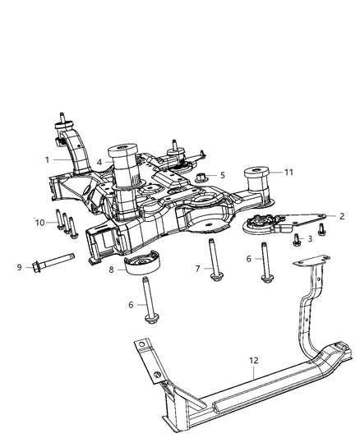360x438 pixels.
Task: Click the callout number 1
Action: (x=47, y=159)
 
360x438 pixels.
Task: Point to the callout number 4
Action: (x=99, y=163)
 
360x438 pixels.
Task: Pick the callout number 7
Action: (x=197, y=269)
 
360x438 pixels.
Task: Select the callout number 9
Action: (x=20, y=265)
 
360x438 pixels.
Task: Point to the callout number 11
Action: (x=265, y=173)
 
